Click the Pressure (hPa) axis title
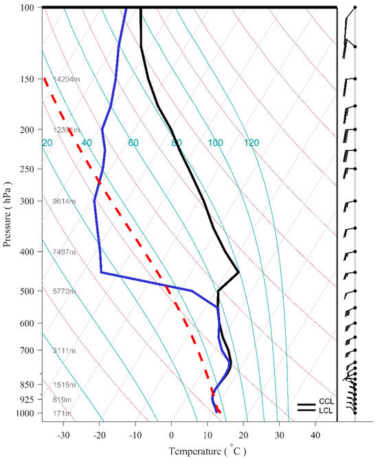8,214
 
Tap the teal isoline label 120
251,143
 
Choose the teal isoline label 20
47,143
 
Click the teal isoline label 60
133,143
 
